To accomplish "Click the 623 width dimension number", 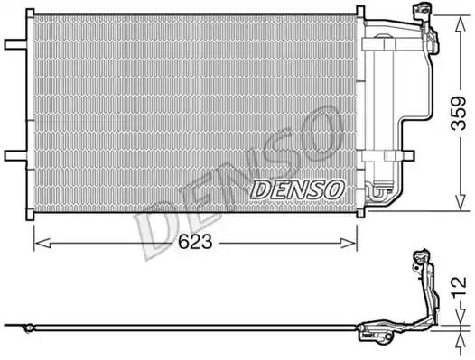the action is [x=195, y=242].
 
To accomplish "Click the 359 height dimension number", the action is [x=458, y=114].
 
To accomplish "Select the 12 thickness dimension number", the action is [x=460, y=287].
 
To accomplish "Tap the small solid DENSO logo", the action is [x=297, y=189].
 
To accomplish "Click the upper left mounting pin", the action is [x=15, y=44].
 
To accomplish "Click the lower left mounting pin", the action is [x=15, y=155].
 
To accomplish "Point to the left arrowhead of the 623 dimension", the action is [x=42, y=243].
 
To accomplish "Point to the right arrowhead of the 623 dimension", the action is [x=349, y=243].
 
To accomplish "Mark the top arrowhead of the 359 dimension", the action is [x=461, y=23].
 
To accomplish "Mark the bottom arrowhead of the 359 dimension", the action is [x=461, y=202].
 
